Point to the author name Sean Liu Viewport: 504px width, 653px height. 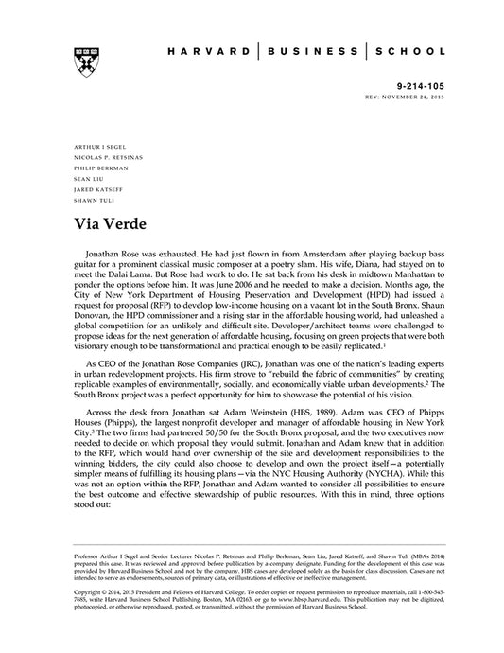coord(84,177)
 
